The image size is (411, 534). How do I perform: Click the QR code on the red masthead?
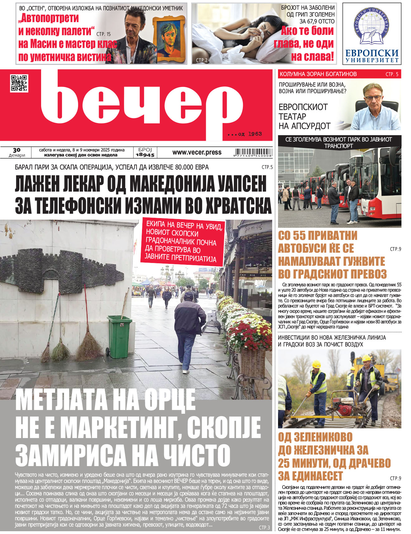coord(19,83)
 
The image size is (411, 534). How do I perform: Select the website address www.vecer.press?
coord(197,152)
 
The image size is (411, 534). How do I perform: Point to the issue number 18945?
coord(145,155)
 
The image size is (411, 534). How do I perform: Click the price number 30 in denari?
coord(17,150)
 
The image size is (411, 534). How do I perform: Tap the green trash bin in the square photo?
coord(120,336)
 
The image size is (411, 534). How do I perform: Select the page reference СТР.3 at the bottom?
coord(264,527)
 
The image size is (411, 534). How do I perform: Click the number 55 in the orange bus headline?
coord(298,236)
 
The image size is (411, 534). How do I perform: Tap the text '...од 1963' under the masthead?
coord(245,134)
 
